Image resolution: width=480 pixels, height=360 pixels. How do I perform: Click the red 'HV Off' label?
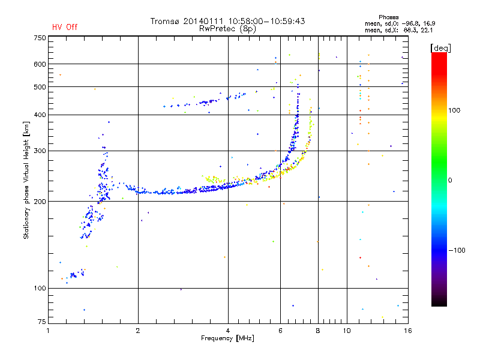(x=64, y=27)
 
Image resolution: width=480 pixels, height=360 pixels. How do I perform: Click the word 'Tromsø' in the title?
(x=165, y=21)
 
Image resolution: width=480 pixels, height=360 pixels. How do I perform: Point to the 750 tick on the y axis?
(x=40, y=38)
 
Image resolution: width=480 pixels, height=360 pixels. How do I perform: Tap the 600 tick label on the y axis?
(x=40, y=64)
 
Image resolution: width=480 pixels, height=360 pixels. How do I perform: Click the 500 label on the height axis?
(x=40, y=87)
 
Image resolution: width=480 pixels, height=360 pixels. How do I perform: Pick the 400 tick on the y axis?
(x=40, y=115)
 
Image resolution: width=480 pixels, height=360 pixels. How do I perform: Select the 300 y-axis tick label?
(x=40, y=151)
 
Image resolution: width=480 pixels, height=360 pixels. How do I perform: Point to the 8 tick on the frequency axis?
(x=317, y=331)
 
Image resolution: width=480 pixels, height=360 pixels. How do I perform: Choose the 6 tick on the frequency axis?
(x=280, y=331)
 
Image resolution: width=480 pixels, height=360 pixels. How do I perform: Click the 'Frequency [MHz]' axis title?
(x=227, y=339)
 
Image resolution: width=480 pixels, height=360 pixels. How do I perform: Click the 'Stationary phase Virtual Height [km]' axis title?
(x=26, y=180)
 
